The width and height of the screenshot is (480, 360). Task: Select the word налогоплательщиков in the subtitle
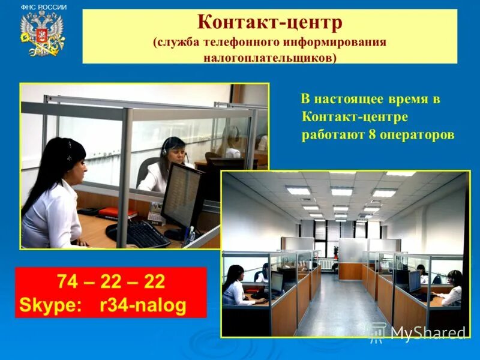click(270, 57)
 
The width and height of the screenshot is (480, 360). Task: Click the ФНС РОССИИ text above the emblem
click(44, 7)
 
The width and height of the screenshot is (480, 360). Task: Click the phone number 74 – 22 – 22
click(111, 282)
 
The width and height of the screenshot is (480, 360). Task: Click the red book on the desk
click(118, 212)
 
